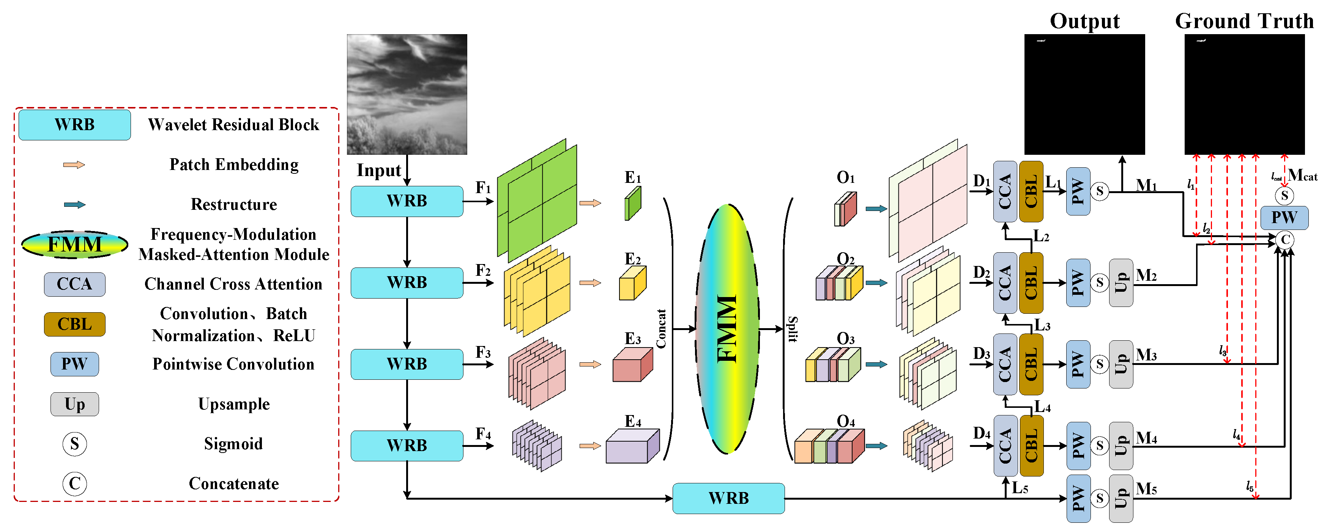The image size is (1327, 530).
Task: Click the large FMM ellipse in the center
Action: (727, 329)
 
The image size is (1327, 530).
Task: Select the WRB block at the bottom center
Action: (728, 498)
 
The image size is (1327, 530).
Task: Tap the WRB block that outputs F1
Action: (407, 201)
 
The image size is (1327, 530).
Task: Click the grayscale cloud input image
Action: (407, 94)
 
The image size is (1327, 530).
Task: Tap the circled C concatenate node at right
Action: (1285, 239)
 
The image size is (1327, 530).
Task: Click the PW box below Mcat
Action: (1284, 217)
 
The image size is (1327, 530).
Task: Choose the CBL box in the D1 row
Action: (1031, 192)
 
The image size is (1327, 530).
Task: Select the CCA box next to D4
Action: (1005, 446)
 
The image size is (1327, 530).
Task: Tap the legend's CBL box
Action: (75, 324)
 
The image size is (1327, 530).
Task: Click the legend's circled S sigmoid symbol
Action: (75, 444)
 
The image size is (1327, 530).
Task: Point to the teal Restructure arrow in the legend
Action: (75, 204)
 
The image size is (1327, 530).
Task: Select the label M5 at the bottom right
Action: (1146, 488)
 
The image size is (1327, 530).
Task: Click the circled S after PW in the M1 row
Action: (1099, 192)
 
